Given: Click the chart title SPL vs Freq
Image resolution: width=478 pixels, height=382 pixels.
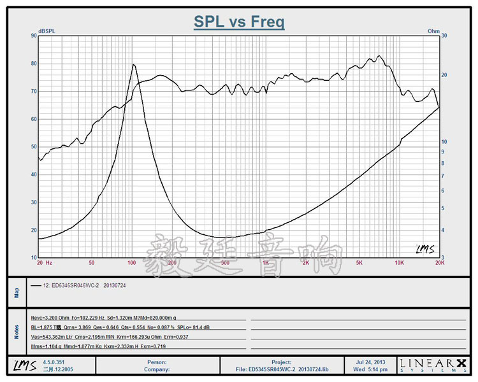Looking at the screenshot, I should tap(239, 23).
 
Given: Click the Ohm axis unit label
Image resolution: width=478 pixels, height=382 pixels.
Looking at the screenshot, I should tap(433, 31).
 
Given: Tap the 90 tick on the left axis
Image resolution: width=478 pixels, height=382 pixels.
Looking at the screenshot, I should tap(34, 36).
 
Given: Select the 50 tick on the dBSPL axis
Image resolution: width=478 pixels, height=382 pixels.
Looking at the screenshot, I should tap(34, 146).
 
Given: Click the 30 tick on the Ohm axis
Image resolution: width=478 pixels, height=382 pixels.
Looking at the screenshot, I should tap(445, 36).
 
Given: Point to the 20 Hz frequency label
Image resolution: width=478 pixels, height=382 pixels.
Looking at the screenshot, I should tap(44, 262).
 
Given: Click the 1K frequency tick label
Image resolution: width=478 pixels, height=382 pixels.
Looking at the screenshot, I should tap(265, 262).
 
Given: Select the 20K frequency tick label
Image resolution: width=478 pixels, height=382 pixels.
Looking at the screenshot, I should tap(438, 262).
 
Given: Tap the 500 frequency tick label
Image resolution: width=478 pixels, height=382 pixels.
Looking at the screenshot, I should tap(224, 262).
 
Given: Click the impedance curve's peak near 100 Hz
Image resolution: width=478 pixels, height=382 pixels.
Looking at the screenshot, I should tap(133, 64).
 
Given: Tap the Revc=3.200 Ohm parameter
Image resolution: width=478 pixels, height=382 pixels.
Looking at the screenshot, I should tap(50, 317).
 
